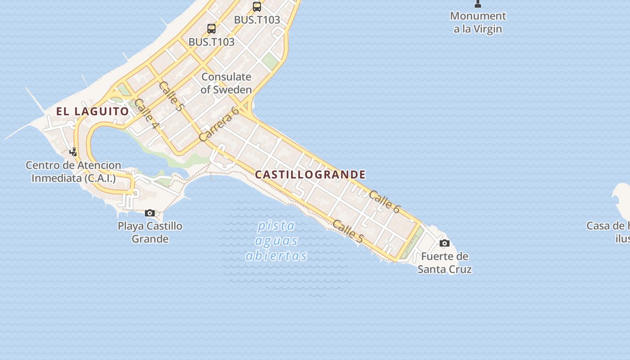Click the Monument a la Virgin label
pyautogui.click(x=478, y=22)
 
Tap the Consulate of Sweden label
pyautogui.click(x=226, y=83)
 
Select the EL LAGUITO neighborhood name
pyautogui.click(x=92, y=111)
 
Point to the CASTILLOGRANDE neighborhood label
pyautogui.click(x=310, y=175)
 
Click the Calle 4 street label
pyautogui.click(x=147, y=113)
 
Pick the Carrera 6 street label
pyautogui.click(x=219, y=124)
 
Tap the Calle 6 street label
pyautogui.click(x=384, y=201)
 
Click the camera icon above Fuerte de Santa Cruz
pyautogui.click(x=444, y=243)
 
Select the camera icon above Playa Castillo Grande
pyautogui.click(x=150, y=213)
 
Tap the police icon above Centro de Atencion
pyautogui.click(x=73, y=152)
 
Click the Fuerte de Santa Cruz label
pyautogui.click(x=445, y=263)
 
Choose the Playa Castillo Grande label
pyautogui.click(x=150, y=232)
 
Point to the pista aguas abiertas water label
pyautogui.click(x=276, y=240)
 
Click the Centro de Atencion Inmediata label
pyautogui.click(x=73, y=171)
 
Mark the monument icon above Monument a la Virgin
pyautogui.click(x=478, y=4)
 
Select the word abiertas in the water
pyautogui.click(x=276, y=256)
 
